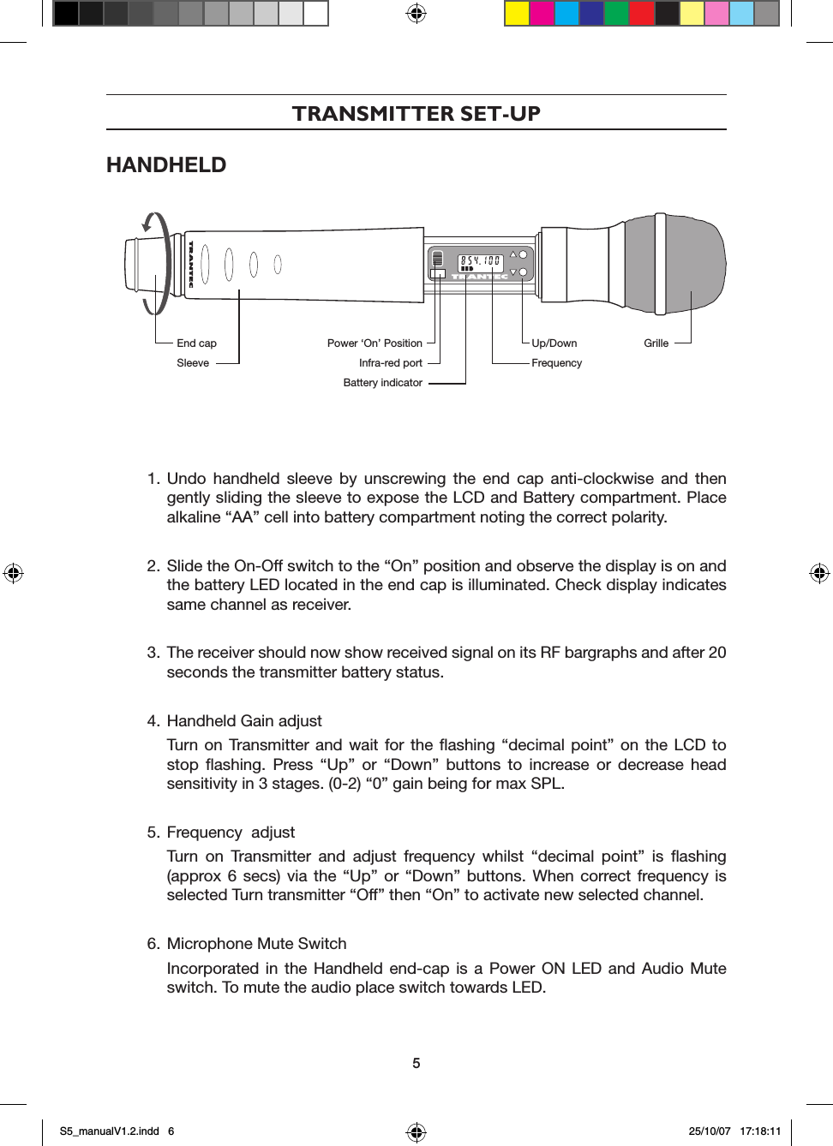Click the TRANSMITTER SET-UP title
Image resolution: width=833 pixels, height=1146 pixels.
click(x=416, y=113)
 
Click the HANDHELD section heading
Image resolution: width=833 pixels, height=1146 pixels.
click(x=166, y=165)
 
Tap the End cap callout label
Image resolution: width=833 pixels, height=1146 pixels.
click(x=196, y=343)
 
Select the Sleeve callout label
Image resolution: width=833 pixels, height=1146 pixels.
click(x=193, y=363)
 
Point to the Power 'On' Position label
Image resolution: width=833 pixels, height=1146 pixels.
click(x=375, y=343)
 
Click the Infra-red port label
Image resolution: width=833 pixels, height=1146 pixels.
click(x=390, y=363)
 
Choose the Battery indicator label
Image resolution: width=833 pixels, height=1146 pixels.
click(x=382, y=383)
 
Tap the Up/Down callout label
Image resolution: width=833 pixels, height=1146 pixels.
click(x=554, y=343)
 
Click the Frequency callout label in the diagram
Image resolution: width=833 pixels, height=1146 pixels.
click(x=556, y=363)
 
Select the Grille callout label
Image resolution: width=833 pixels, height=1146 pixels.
click(x=656, y=343)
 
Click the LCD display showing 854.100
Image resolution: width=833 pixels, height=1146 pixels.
click(x=480, y=261)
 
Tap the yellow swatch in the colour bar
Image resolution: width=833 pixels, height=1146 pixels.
click(x=517, y=14)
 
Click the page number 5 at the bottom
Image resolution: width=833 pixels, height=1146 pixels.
click(x=416, y=1063)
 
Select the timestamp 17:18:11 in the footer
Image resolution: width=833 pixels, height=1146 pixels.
click(x=760, y=1131)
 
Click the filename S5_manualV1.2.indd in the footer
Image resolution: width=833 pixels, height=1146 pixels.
click(x=110, y=1131)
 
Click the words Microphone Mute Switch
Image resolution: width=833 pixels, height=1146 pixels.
click(x=256, y=944)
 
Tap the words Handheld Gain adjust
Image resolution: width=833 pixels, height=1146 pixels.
click(x=244, y=721)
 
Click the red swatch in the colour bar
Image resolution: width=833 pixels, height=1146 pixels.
click(x=641, y=14)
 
